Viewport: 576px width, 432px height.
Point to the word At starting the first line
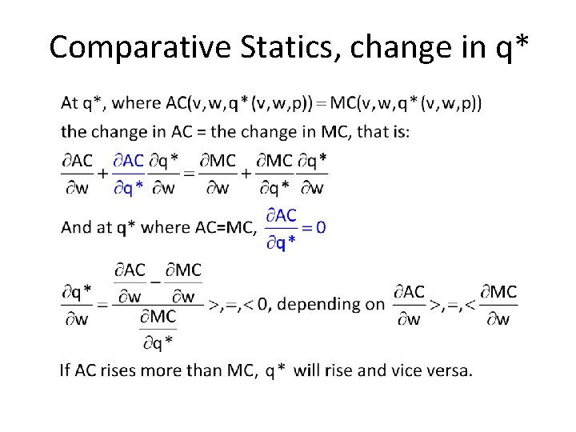click(x=70, y=102)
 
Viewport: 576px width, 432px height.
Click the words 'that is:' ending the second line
click(x=383, y=131)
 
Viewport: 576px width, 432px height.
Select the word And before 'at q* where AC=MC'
click(x=76, y=227)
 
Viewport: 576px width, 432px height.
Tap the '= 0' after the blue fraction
click(x=314, y=227)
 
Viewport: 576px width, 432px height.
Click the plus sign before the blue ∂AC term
click(x=103, y=174)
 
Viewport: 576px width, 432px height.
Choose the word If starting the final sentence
click(x=66, y=370)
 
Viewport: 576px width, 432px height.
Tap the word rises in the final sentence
click(x=123, y=370)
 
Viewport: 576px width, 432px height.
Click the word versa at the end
click(x=450, y=370)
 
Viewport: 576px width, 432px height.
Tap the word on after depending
click(x=374, y=304)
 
